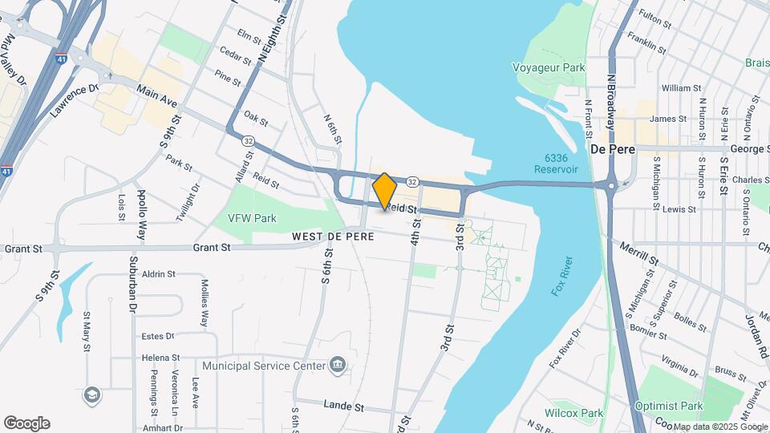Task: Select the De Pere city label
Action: (x=613, y=150)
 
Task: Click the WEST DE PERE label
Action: (x=329, y=237)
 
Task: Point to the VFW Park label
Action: (x=252, y=218)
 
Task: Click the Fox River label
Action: (x=562, y=277)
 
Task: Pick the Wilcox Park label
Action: (x=573, y=414)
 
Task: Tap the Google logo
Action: (x=26, y=423)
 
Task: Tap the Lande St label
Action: (x=344, y=407)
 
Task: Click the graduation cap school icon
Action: (x=92, y=395)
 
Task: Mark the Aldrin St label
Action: (x=158, y=274)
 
